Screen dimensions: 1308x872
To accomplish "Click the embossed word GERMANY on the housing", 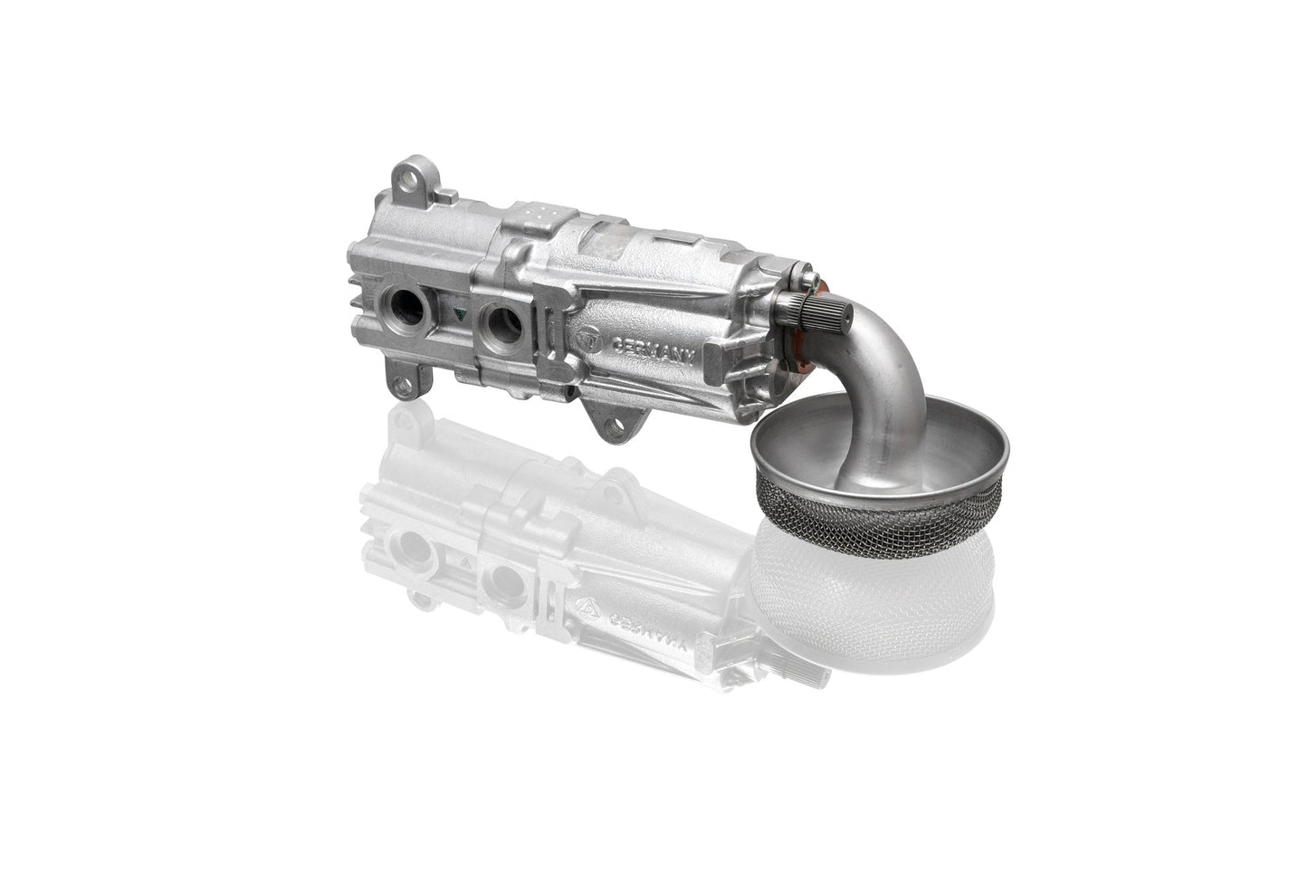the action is (653, 349).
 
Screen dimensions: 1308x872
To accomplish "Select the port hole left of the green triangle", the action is (407, 307).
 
